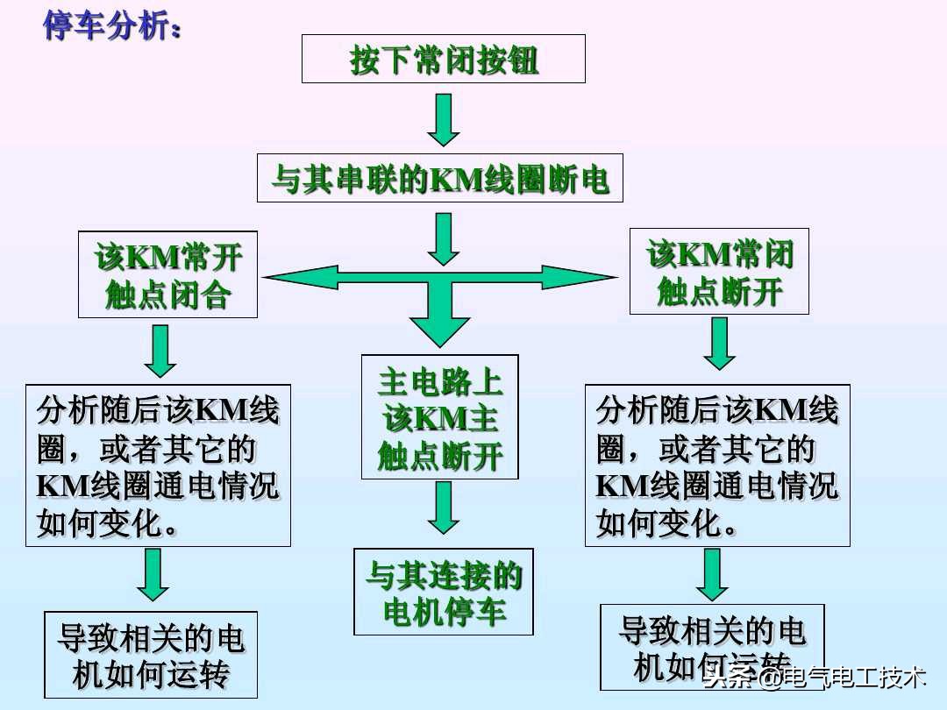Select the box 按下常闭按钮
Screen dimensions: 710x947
443,60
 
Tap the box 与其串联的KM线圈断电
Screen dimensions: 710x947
440,178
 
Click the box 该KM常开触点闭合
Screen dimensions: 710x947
167,274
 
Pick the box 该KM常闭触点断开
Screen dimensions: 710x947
719,271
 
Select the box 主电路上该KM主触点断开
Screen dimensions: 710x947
439,417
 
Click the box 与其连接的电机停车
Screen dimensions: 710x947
443,592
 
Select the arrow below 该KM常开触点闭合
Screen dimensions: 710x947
160,350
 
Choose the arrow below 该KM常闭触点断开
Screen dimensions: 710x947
720,343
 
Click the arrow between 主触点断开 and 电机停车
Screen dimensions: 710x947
444,508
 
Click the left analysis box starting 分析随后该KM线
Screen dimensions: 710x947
158,465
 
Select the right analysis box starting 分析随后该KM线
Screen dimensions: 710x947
717,465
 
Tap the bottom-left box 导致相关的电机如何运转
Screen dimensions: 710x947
151,654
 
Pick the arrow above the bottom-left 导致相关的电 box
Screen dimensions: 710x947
153,575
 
